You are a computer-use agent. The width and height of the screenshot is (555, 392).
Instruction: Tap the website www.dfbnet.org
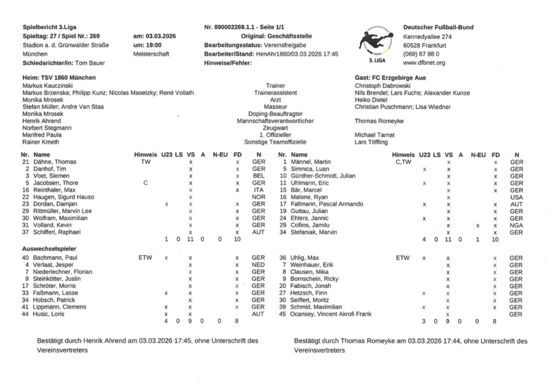pyautogui.click(x=425, y=62)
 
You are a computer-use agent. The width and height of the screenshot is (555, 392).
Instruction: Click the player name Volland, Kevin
pyautogui.click(x=53, y=225)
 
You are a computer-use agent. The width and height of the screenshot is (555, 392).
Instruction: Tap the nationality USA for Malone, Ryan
pyautogui.click(x=515, y=197)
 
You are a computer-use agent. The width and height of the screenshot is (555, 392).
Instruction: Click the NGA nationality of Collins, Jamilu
pyautogui.click(x=515, y=225)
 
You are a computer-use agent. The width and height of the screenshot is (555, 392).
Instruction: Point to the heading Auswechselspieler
pyautogui.click(x=49, y=248)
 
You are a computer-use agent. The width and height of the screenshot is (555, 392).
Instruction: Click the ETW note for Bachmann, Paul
pyautogui.click(x=146, y=258)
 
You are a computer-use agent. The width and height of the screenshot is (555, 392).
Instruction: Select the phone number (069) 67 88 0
pyautogui.click(x=424, y=53)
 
